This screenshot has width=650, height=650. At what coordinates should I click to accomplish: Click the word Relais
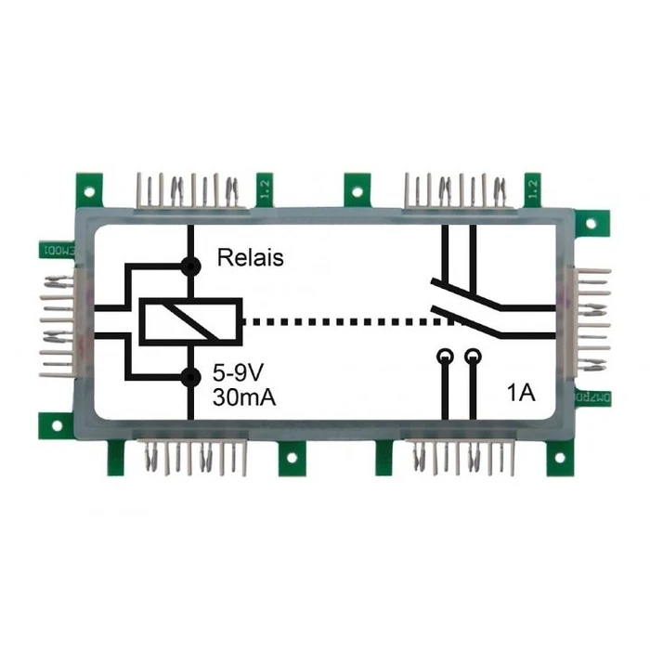pyautogui.click(x=250, y=258)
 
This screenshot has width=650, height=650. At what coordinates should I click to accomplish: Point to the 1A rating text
pyautogui.click(x=521, y=393)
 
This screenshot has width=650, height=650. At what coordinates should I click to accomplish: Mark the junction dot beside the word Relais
pyautogui.click(x=191, y=266)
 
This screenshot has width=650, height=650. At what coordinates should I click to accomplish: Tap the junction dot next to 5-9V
pyautogui.click(x=191, y=376)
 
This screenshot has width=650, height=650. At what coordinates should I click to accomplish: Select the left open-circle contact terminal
pyautogui.click(x=446, y=356)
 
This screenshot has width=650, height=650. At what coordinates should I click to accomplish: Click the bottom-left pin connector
pyautogui.click(x=194, y=456)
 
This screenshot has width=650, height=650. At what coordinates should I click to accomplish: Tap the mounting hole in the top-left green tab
pyautogui.click(x=88, y=193)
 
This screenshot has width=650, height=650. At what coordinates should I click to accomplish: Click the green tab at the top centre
pyautogui.click(x=357, y=189)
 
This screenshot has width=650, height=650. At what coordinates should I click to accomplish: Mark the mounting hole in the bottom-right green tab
pyautogui.click(x=561, y=459)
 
